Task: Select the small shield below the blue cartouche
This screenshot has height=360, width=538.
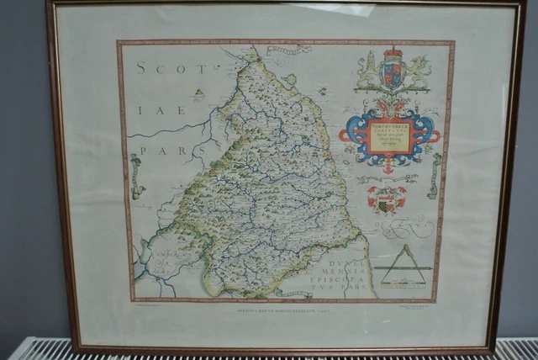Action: click(387, 199)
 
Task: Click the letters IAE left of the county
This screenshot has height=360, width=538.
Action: click(148, 108)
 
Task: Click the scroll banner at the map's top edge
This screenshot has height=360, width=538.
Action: click(287, 50)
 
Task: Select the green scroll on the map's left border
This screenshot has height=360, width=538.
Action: click(134, 176)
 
